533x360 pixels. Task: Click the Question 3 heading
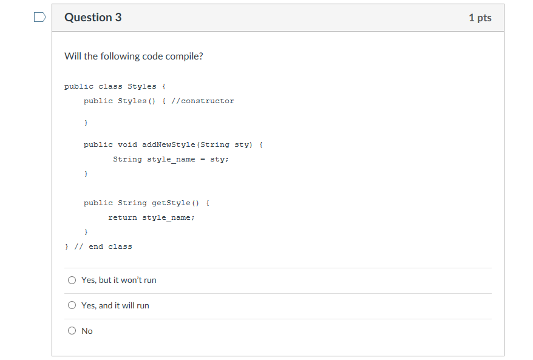[x=93, y=18]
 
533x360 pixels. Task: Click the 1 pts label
[x=480, y=18]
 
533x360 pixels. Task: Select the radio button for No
[x=72, y=331]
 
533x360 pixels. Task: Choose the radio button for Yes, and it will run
[x=72, y=305]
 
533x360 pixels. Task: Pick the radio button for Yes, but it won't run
[x=72, y=280]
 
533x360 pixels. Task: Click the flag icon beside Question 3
[x=39, y=18]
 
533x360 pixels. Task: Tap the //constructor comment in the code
[x=203, y=101]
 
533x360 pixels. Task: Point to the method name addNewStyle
[x=169, y=144]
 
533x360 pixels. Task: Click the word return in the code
[x=123, y=217]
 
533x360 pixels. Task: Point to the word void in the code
[x=127, y=144]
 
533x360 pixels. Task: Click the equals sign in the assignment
[x=203, y=159]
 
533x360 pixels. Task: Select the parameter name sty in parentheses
[x=242, y=144]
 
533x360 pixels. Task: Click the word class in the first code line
[x=110, y=86]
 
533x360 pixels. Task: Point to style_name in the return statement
[x=168, y=217]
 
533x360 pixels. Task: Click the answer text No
[x=87, y=331]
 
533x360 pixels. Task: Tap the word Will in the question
[x=72, y=56]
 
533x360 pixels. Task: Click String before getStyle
[x=132, y=203]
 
